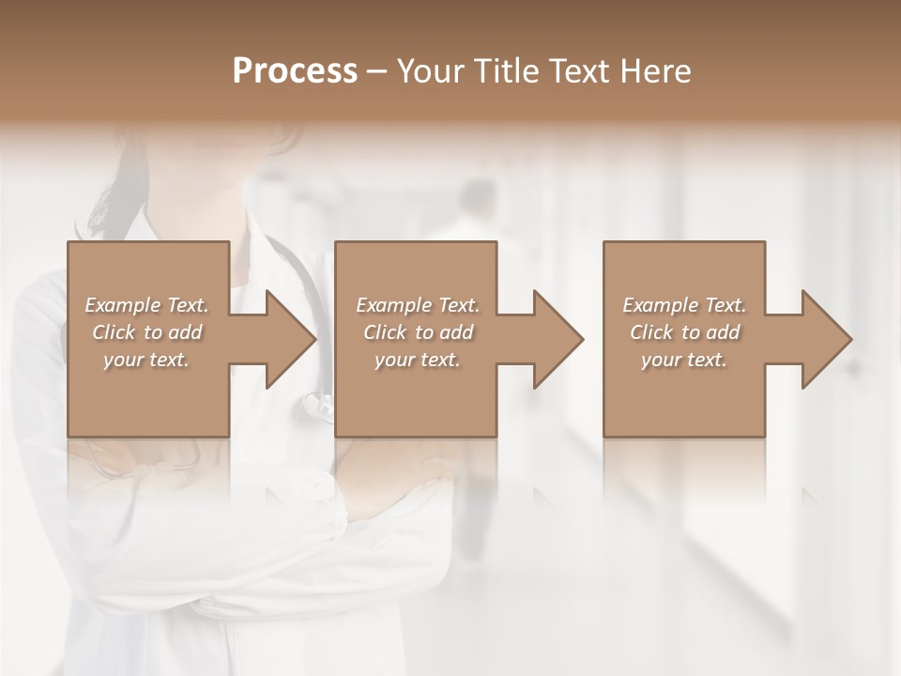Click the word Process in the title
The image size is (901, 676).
(295, 70)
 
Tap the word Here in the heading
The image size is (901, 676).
(656, 70)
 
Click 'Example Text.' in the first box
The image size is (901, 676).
(146, 305)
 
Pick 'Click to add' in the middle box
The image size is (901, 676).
(418, 332)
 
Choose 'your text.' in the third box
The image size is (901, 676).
(684, 360)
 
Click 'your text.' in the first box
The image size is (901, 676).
(146, 360)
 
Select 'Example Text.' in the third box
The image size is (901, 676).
(684, 305)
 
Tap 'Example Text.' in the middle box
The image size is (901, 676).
(418, 305)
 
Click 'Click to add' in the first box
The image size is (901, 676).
(146, 332)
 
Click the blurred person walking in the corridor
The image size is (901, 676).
(474, 225)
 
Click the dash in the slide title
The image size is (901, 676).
(377, 71)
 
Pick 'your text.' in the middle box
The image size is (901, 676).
(418, 360)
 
